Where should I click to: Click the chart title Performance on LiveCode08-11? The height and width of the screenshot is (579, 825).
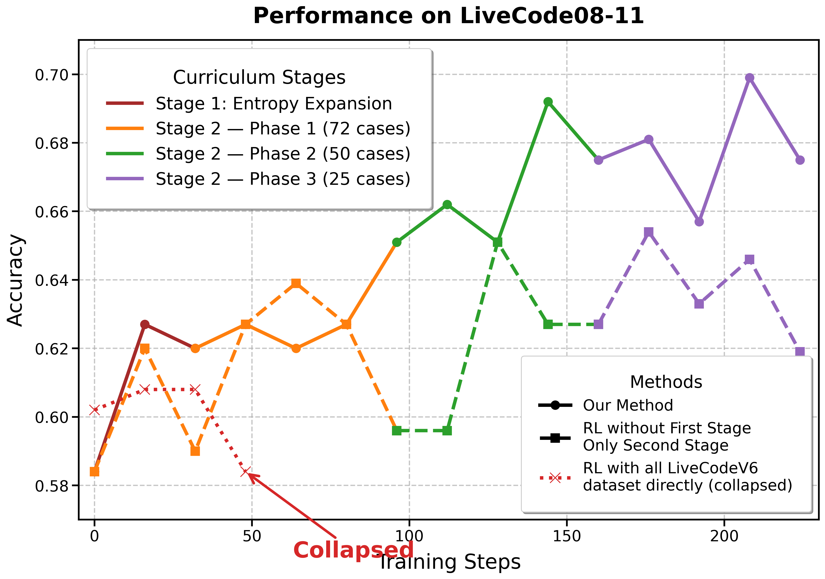point(448,16)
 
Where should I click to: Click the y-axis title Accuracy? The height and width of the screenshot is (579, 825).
point(15,280)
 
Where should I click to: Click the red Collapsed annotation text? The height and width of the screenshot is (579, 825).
point(353,550)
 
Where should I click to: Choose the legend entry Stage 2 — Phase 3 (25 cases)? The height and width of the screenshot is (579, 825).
point(283,179)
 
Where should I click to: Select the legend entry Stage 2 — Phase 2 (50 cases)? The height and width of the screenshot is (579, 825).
point(283,154)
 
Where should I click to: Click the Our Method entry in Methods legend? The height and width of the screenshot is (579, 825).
point(627,405)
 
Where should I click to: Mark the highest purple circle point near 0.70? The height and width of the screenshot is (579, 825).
point(749,78)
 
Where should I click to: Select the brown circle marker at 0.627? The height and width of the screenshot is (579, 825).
point(145,324)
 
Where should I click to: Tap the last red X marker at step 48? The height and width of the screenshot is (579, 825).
point(246,472)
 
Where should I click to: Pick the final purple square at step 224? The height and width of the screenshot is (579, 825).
point(800,352)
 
